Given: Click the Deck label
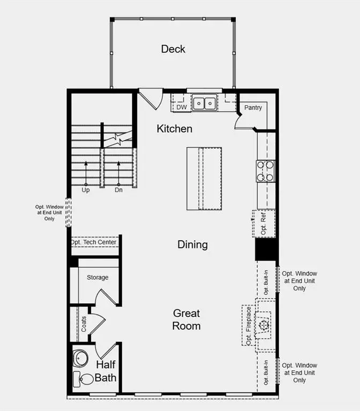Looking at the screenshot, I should click(173, 49).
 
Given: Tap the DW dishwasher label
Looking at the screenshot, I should click(181, 107).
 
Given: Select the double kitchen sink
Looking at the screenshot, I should click(204, 102).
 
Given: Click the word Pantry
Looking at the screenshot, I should click(253, 108).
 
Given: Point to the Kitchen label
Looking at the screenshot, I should click(174, 129).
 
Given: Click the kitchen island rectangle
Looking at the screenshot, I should click(204, 178).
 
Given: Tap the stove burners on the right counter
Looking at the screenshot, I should click(266, 171).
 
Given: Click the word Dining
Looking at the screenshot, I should click(192, 245).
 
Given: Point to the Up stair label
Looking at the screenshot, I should click(86, 189).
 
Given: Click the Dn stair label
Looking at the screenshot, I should click(119, 189).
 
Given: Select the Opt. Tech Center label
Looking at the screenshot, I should click(94, 242).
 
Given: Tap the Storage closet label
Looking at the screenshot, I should click(97, 277).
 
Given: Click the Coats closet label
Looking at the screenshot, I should click(84, 324).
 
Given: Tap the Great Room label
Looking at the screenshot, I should click(186, 319).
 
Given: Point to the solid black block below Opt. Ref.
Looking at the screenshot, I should click(265, 249).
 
